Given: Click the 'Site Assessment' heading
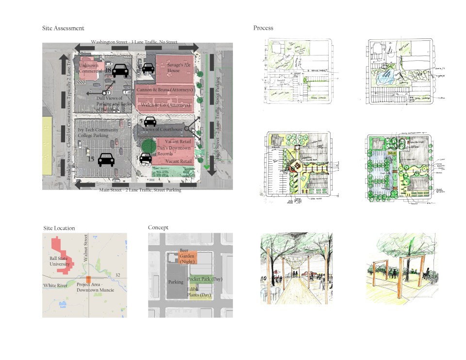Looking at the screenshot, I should click(x=63, y=29).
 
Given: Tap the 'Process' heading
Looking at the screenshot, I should click(x=263, y=28).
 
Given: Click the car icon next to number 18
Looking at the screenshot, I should click(x=120, y=70).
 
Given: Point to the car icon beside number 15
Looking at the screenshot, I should click(x=106, y=159).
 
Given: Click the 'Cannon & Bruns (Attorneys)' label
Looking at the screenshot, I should click(x=166, y=90).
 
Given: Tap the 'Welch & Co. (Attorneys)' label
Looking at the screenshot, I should click(x=165, y=103).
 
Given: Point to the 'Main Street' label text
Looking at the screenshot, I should click(x=140, y=190).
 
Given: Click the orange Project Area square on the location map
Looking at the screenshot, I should click(x=88, y=279).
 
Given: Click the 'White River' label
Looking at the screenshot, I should click(x=55, y=285).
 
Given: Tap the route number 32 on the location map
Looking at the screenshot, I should click(x=118, y=275).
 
